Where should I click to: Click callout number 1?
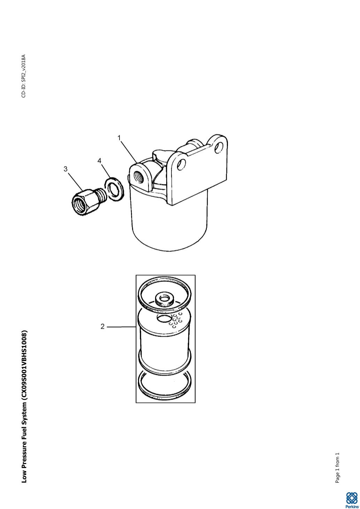click(119, 138)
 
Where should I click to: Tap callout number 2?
click(102, 326)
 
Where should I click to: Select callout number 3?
click(66, 169)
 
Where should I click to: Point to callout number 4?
click(99, 161)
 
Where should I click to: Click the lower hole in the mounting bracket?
click(182, 164)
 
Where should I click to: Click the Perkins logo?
click(352, 500)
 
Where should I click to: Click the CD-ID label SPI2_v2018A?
click(24, 76)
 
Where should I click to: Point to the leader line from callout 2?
click(121, 327)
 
